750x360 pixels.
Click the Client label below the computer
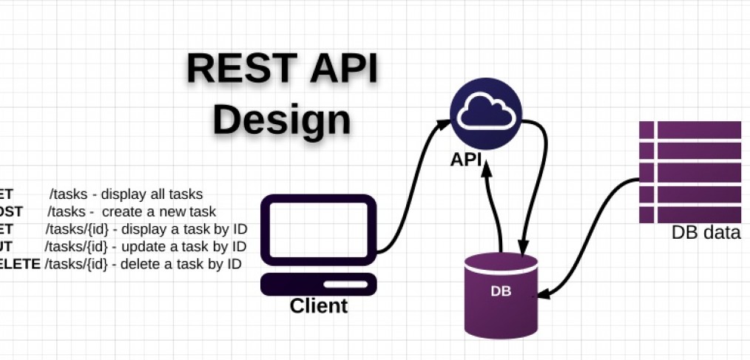pyautogui.click(x=318, y=305)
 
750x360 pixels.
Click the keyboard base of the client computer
pyautogui.click(x=320, y=285)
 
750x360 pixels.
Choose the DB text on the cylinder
pyautogui.click(x=501, y=291)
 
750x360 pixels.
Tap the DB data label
pyautogui.click(x=706, y=233)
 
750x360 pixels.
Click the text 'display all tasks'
pyautogui.click(x=152, y=195)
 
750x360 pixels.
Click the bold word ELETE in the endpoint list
pyautogui.click(x=20, y=264)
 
